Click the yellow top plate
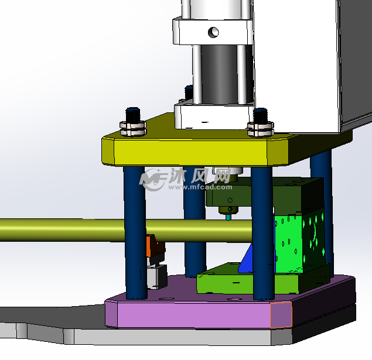tap(190, 152)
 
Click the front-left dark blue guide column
tap(135, 232)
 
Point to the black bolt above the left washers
tap(133, 115)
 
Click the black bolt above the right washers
tap(261, 116)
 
